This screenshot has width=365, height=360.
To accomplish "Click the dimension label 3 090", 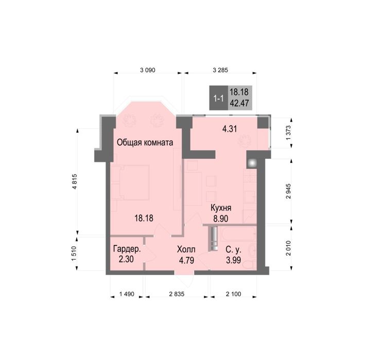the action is click(148, 70).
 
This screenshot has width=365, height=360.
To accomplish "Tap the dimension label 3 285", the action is click(220, 70).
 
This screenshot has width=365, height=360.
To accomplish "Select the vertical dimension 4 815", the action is click(75, 182).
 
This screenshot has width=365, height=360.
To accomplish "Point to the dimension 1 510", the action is click(74, 254).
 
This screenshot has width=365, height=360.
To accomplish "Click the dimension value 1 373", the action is click(289, 133).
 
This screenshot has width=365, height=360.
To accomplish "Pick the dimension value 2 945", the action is click(289, 191).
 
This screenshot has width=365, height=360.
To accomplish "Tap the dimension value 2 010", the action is click(289, 248).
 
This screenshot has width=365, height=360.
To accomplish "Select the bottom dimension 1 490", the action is click(127, 294).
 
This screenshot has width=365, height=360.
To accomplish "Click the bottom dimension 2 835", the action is click(177, 294).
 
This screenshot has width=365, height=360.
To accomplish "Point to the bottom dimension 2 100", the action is click(234, 294).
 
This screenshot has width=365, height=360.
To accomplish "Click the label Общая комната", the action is click(145, 142).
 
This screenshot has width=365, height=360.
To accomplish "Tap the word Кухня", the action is click(221, 208).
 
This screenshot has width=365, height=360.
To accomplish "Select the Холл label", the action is click(186, 249).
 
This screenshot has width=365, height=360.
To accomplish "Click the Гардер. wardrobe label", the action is click(127, 249).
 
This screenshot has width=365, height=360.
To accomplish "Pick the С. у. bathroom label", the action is click(234, 250).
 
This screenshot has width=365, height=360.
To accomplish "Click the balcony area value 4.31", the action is click(230, 129).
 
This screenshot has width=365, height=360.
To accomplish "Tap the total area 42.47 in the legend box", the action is click(239, 103).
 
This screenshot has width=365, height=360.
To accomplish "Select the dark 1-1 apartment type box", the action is click(219, 98).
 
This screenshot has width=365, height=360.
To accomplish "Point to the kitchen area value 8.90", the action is click(221, 219).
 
